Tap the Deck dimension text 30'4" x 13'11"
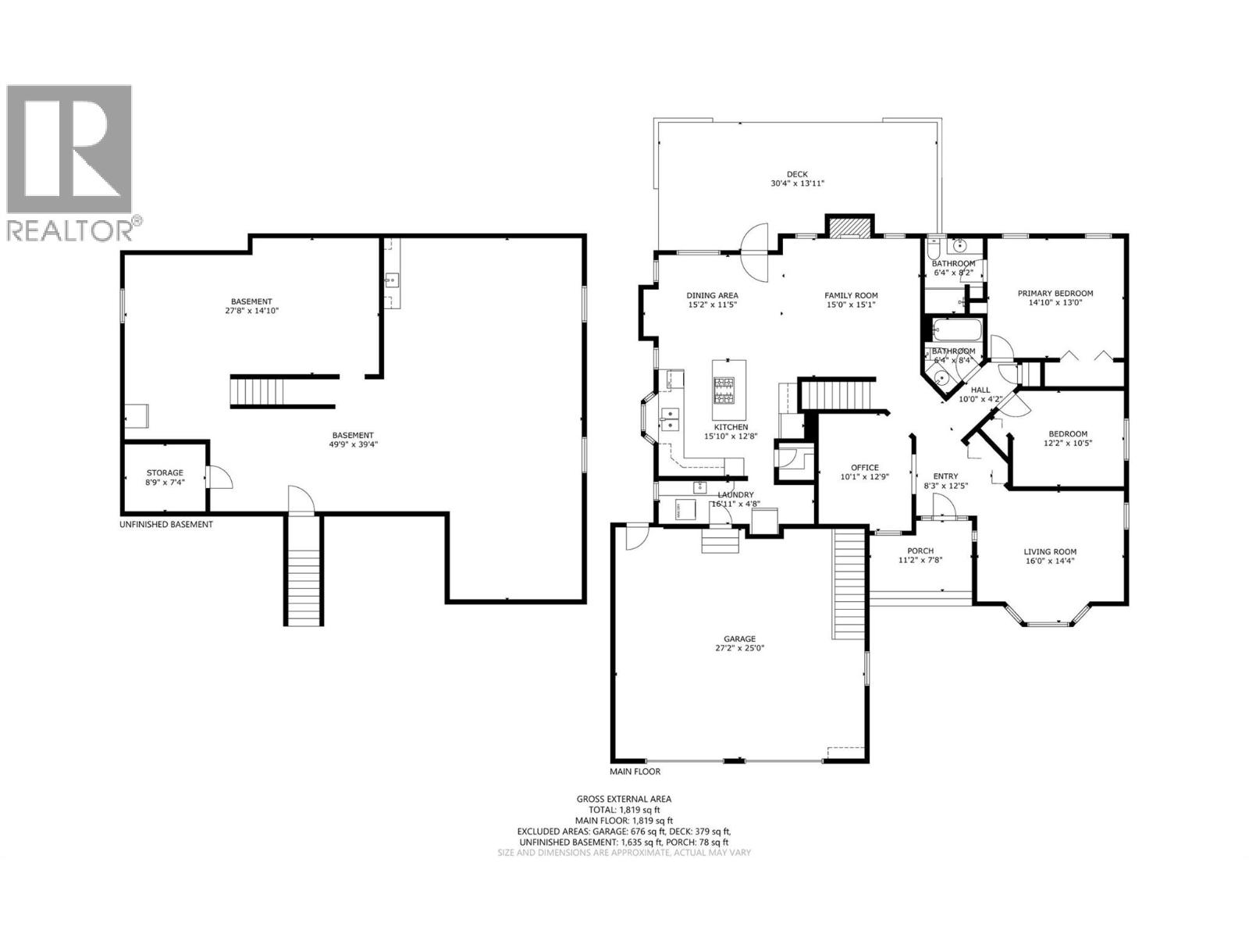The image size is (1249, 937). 797,183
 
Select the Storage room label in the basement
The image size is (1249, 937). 165,472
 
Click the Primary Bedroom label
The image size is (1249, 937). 1055,294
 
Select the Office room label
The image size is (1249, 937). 864,467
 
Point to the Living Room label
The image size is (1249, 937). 1050,551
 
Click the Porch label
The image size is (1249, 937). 920,551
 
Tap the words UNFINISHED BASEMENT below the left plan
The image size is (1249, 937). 165,525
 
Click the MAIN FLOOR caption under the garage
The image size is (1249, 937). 635,771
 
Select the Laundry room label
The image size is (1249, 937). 735,495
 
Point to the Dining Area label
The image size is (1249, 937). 712,295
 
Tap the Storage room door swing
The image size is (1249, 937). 219,477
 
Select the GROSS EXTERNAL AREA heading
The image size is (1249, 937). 624,799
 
